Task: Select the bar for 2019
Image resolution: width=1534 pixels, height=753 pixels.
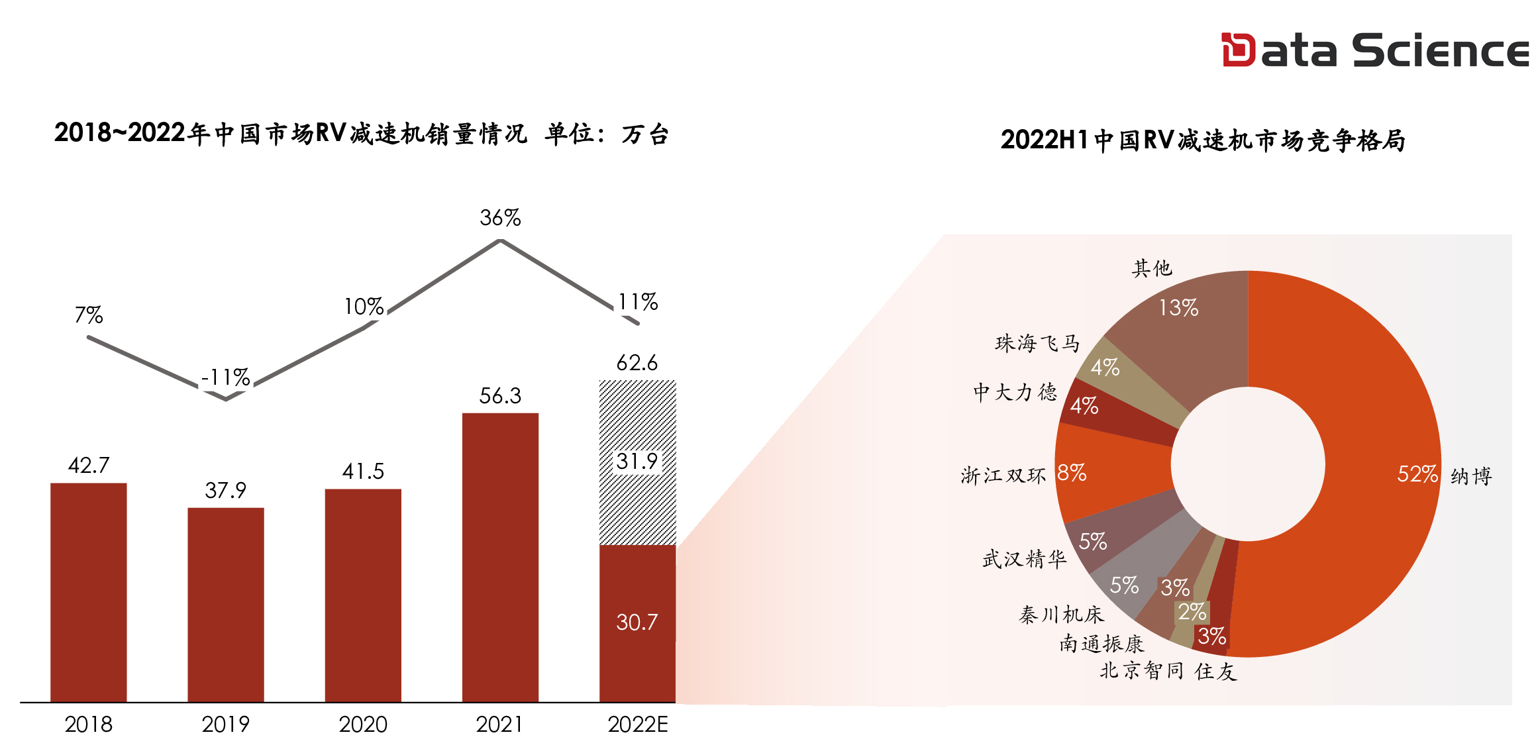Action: [225, 604]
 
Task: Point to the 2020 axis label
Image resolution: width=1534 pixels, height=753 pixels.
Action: [363, 725]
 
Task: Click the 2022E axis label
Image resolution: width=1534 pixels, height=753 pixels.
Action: [637, 725]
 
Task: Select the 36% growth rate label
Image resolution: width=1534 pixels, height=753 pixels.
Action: [500, 218]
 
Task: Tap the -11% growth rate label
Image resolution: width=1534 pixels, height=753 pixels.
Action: [225, 377]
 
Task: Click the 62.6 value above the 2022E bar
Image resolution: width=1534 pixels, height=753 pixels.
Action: [637, 363]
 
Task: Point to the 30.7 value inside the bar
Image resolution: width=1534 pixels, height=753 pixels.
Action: [637, 623]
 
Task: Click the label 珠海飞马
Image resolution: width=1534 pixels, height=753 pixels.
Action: [1037, 343]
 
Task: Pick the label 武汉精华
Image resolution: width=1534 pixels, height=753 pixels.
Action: [1024, 560]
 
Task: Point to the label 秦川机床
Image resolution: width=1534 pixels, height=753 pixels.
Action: [1061, 615]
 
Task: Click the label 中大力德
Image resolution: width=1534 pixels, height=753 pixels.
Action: [1015, 392]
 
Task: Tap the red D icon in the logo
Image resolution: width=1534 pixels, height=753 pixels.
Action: [1237, 50]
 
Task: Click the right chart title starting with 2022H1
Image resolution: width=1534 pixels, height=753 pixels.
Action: [1203, 140]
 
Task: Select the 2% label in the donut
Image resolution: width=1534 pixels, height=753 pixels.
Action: [1192, 612]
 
